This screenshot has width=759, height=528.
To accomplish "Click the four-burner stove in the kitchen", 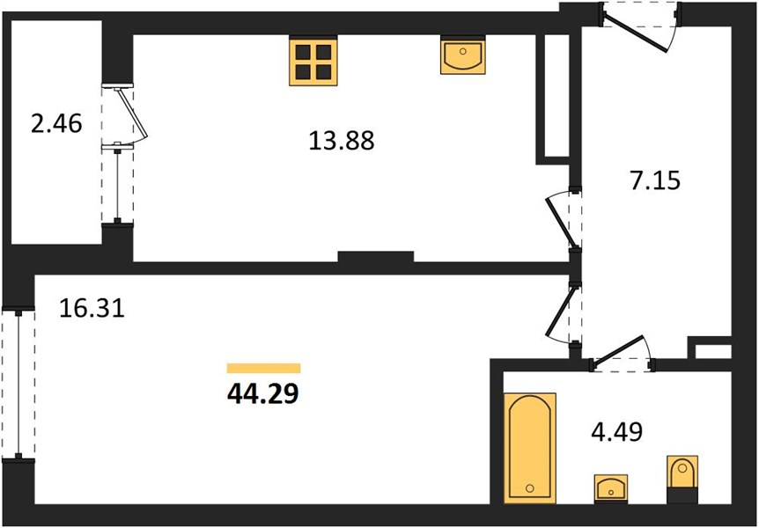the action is click(313, 61).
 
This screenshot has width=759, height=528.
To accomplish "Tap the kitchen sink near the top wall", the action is click(463, 55).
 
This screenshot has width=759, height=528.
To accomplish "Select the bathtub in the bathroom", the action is click(530, 448).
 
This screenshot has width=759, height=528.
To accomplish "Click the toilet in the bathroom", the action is click(682, 479).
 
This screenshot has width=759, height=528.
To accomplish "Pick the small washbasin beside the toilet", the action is click(611, 488).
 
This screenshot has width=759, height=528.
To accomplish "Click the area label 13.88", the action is click(342, 142).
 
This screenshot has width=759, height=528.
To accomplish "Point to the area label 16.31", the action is click(92, 308).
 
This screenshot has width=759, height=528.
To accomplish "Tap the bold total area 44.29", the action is click(263, 394).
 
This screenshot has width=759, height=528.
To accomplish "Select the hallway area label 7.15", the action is click(655, 180).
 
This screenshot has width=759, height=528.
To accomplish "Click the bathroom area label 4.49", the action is click(617, 432).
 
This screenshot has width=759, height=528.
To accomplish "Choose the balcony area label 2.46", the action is click(56, 124).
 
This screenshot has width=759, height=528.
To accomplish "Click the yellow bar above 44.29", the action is click(264, 369).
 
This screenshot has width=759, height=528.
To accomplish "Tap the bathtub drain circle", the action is click(530, 488).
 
